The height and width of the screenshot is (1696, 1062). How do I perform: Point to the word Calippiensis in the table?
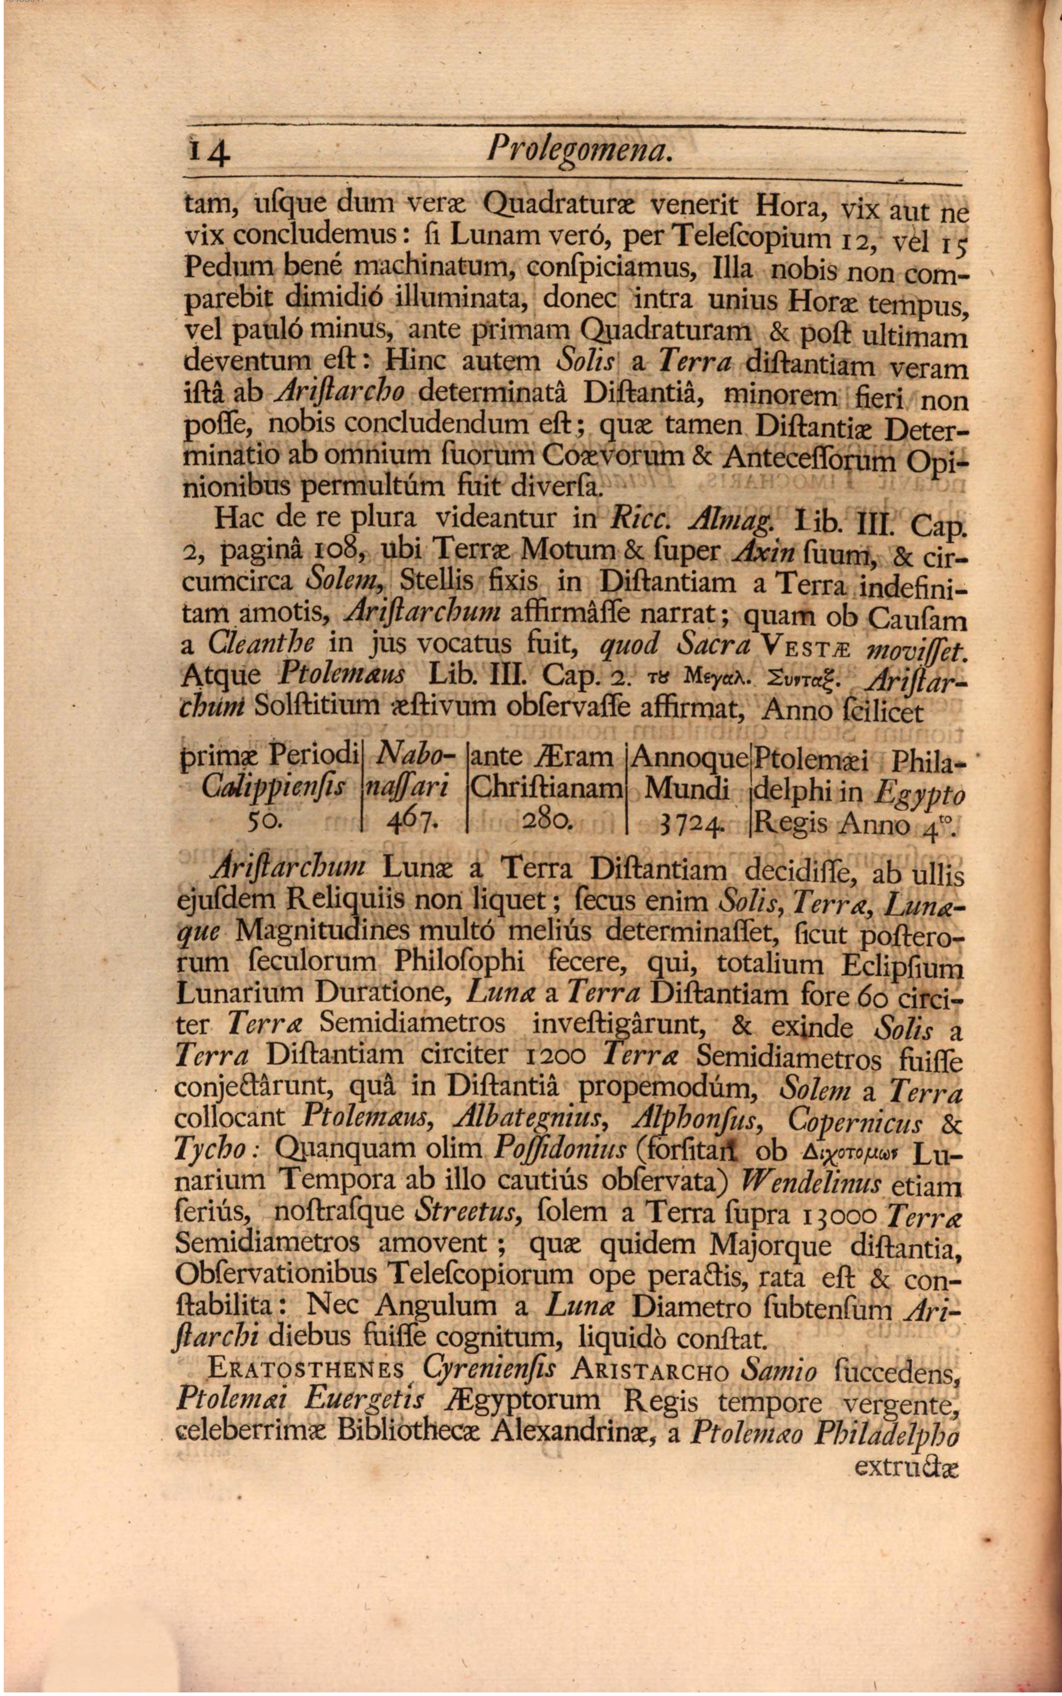(273, 789)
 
